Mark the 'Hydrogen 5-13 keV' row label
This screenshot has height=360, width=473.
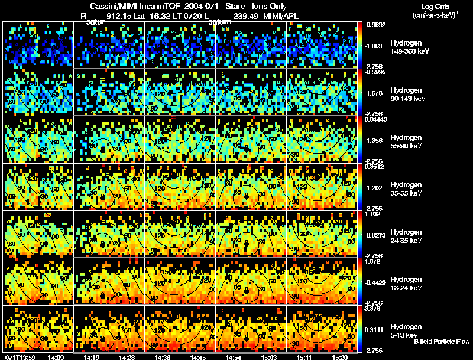[406, 330]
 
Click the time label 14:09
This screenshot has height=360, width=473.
[56, 357]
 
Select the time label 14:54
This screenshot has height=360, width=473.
[234, 357]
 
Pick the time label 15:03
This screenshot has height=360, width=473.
[269, 357]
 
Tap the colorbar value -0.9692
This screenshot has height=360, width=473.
[375, 25]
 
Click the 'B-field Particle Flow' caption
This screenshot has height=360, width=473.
[442, 342]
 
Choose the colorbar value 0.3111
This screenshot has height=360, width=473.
[375, 329]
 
